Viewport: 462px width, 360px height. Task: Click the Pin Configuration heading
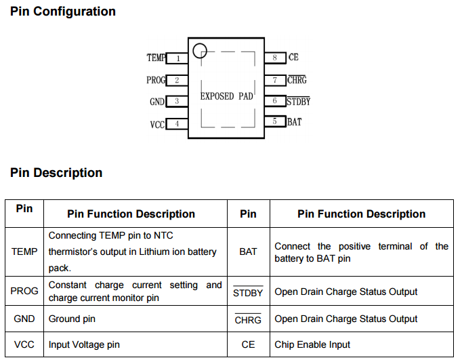point(63,12)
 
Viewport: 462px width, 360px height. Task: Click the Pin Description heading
point(56,173)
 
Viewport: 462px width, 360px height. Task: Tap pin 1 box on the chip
point(177,58)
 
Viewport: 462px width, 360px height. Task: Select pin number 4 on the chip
point(177,124)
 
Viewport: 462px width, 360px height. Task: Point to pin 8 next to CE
point(275,58)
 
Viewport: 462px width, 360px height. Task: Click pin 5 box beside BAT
point(275,121)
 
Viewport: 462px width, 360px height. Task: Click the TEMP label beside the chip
point(156,58)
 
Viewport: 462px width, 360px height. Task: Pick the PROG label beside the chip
point(156,80)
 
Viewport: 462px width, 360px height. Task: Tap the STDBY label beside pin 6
point(298,102)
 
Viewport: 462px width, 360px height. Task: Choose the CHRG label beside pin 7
point(297,80)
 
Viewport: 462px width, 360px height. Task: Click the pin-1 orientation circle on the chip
point(199,50)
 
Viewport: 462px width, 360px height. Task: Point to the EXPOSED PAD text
point(226,96)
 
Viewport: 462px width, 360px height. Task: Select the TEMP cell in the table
point(24,252)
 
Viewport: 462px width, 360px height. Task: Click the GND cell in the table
point(24,319)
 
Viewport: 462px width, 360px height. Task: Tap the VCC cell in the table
point(24,344)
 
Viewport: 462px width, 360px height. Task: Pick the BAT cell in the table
point(249,252)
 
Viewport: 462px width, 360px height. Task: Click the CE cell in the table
point(249,344)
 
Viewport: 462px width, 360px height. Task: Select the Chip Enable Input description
point(312,344)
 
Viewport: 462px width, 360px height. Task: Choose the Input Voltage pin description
point(84,344)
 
